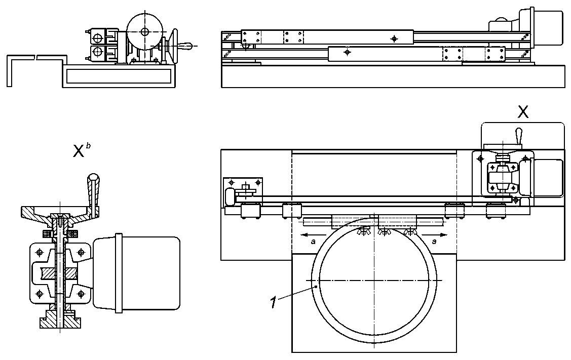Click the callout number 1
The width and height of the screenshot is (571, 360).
274,302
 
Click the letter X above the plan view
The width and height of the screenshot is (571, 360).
523,112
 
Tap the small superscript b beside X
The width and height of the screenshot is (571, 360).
87,146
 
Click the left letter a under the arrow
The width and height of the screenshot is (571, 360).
314,242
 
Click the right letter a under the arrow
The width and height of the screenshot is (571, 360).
434,242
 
